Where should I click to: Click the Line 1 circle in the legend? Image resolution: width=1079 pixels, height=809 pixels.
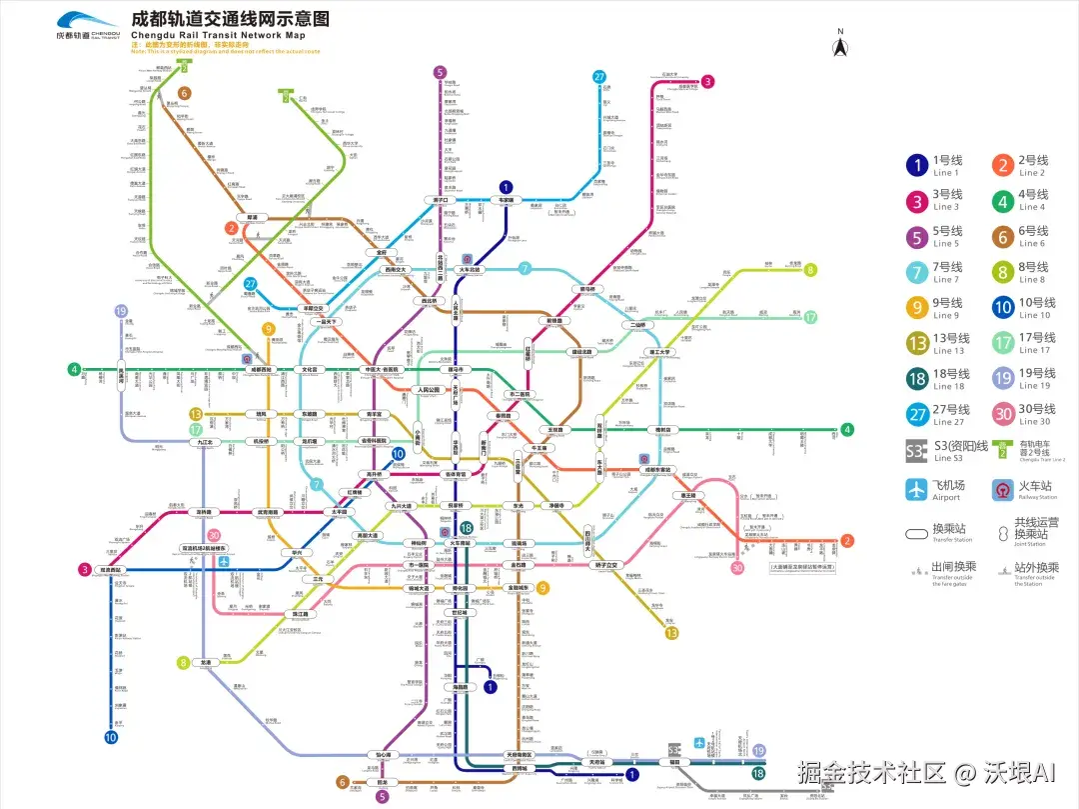[916, 166]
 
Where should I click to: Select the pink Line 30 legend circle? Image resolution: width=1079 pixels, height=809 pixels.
[1002, 415]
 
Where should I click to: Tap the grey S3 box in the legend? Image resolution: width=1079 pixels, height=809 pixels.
[916, 451]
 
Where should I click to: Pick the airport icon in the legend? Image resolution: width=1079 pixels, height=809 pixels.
[916, 489]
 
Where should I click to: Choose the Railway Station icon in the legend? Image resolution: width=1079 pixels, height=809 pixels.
[1002, 489]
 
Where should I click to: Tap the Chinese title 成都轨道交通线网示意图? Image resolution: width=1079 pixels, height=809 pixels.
[230, 19]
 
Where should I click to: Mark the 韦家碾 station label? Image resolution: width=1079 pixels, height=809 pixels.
[506, 200]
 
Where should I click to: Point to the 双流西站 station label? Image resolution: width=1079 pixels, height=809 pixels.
[110, 570]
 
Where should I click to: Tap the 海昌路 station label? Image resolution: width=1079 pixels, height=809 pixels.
[462, 687]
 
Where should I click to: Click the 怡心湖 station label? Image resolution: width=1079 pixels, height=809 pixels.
[384, 754]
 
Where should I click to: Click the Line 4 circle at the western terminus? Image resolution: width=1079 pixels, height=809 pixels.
[74, 369]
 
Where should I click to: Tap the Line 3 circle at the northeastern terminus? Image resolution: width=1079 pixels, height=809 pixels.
[707, 82]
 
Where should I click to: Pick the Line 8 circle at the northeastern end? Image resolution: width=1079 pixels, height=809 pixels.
[810, 269]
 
